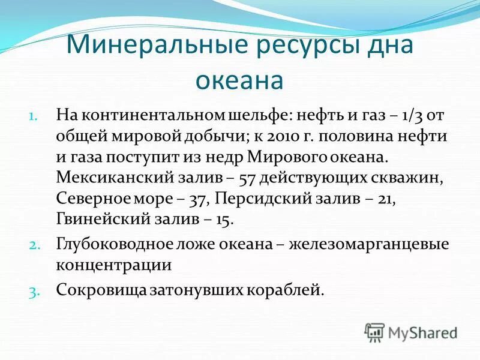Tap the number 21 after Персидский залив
pos(385,199)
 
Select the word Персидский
pos(261,199)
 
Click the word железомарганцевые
pos(372,245)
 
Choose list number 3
pos(34,291)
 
